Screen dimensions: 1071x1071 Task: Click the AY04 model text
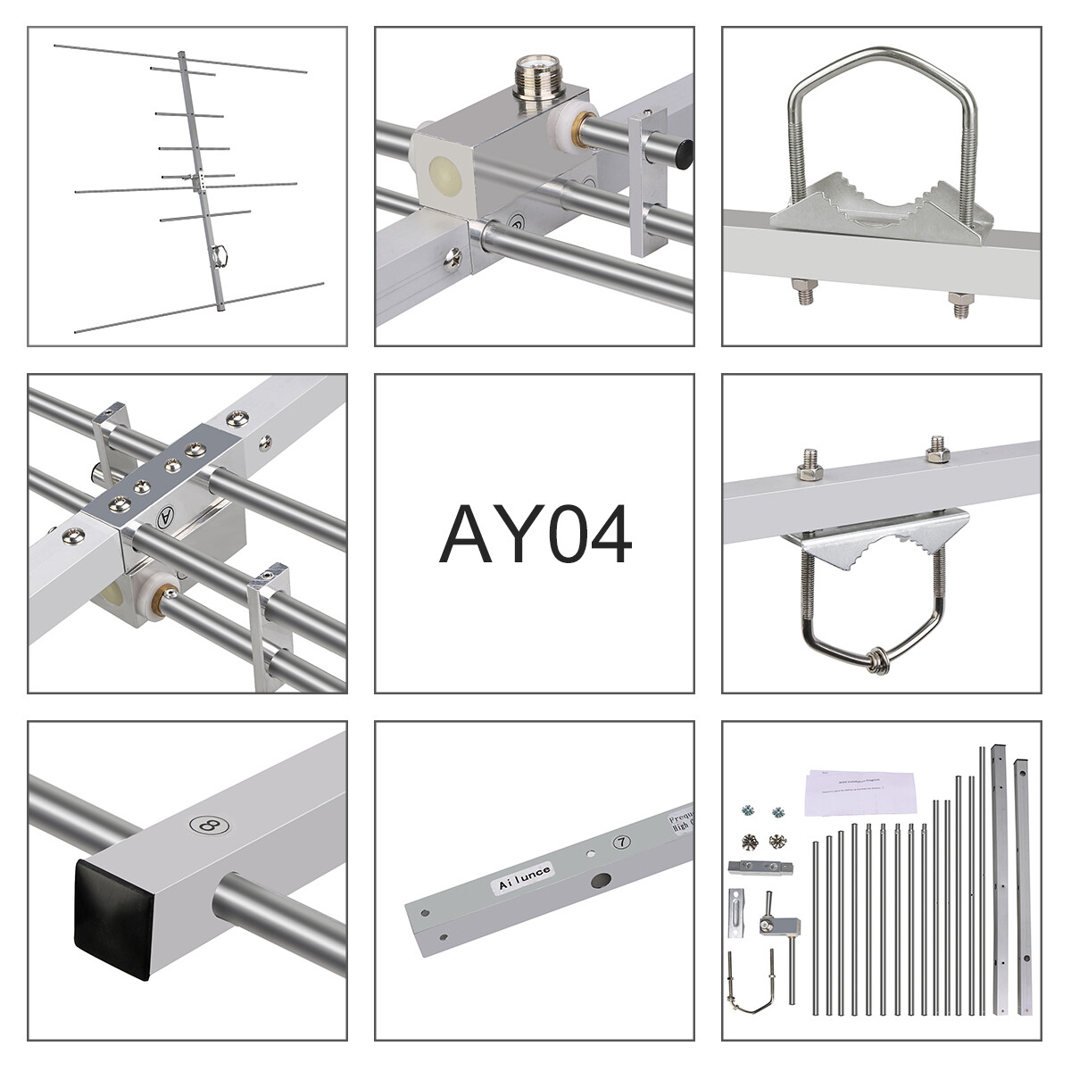click(x=535, y=535)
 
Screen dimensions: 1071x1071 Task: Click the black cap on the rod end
click(x=683, y=154)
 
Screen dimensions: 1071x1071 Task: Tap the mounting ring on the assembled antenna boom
click(x=220, y=257)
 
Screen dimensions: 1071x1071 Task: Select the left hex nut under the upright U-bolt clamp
click(x=802, y=292)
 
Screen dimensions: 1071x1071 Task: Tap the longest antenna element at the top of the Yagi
click(x=178, y=59)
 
